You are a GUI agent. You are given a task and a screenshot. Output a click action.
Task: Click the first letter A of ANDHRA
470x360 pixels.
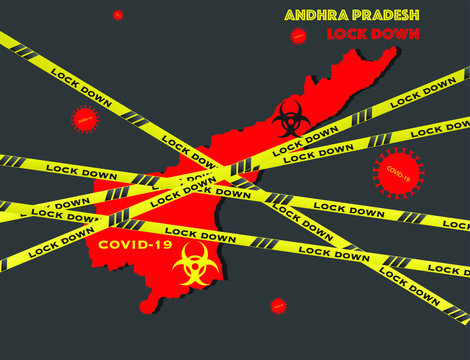pyautogui.click(x=290, y=15)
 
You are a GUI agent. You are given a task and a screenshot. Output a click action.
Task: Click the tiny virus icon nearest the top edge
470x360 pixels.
pyautogui.click(x=118, y=14)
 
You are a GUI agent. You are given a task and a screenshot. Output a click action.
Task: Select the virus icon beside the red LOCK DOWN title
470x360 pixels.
pyautogui.click(x=297, y=36)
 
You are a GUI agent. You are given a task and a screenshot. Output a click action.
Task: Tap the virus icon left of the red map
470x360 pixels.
pyautogui.click(x=85, y=119)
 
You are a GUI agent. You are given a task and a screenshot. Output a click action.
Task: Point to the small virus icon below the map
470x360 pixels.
pyautogui.click(x=278, y=305)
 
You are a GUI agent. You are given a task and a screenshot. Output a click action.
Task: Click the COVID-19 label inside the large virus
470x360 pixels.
pyautogui.click(x=398, y=173)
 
